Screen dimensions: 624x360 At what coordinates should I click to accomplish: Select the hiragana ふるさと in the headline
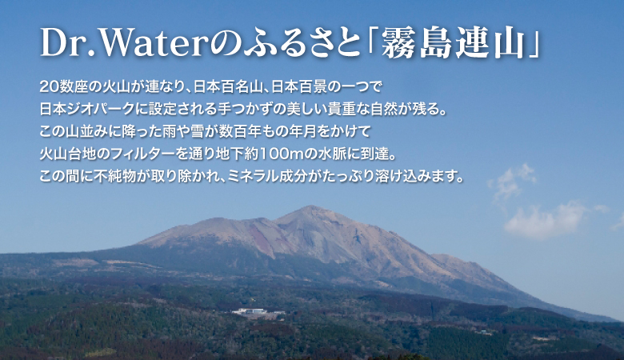coord(301,43)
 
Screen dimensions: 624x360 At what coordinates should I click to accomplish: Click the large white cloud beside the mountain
coord(546,221)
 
